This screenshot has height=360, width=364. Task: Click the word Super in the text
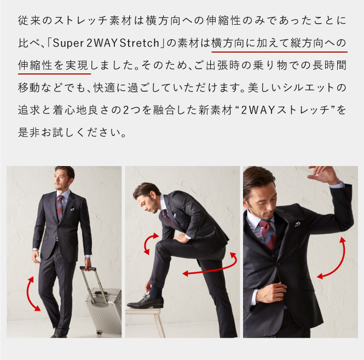pos(68,43)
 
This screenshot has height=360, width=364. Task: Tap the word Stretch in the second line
pos(140,43)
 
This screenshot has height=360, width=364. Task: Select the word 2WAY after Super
pos(102,43)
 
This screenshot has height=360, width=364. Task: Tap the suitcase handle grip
pos(88,268)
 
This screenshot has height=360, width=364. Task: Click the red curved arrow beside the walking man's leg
pos(32,294)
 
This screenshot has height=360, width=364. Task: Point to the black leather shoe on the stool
pos(145,302)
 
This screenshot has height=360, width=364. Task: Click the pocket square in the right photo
pos(297,224)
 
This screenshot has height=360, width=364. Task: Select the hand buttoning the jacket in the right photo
pos(274,292)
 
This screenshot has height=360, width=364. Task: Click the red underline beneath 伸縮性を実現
pos(54,74)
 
